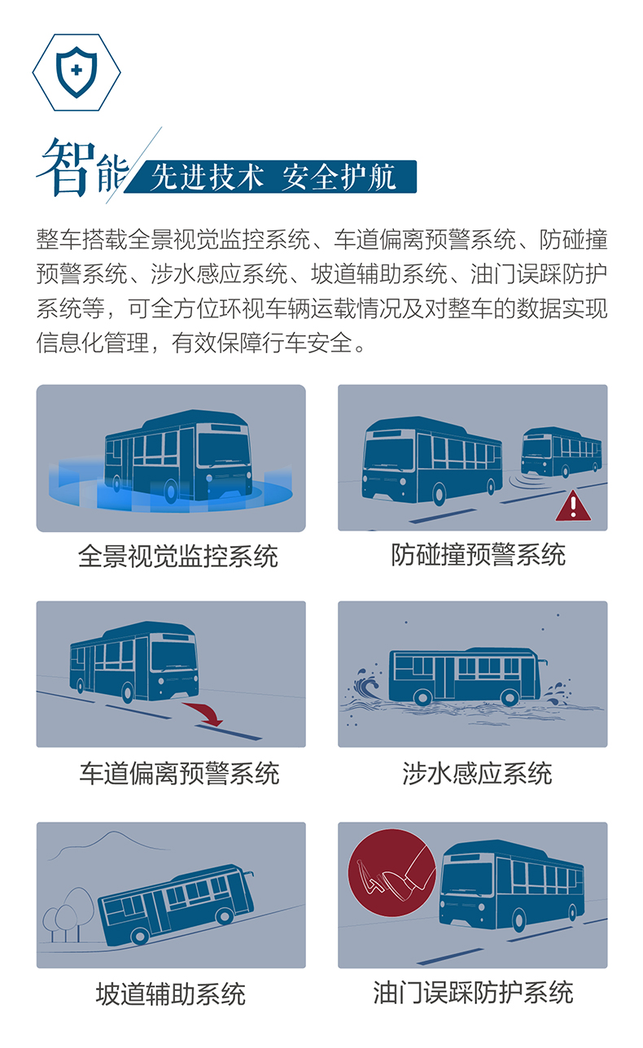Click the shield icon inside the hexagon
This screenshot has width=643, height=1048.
click(x=76, y=72)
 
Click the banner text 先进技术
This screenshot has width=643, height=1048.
click(x=207, y=177)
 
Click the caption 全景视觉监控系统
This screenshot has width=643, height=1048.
click(x=178, y=557)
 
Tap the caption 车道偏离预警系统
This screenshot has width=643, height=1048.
click(x=179, y=773)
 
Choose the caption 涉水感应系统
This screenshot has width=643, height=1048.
click(x=477, y=773)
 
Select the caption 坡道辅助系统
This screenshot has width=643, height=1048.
click(x=170, y=993)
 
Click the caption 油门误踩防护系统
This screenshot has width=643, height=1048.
click(x=473, y=993)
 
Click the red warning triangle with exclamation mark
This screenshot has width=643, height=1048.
click(x=573, y=506)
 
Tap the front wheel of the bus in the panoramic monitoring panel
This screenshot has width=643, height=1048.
click(x=171, y=490)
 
